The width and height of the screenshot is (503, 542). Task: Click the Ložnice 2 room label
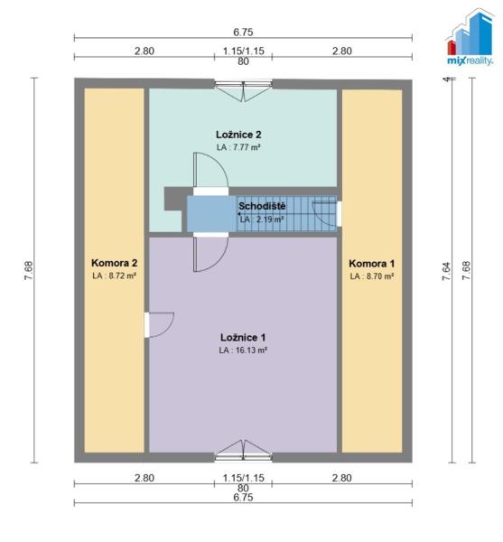coord(238,135)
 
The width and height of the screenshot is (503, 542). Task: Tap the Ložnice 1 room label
coord(243,337)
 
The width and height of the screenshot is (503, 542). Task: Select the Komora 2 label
coord(114,263)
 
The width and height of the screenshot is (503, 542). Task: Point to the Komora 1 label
coord(372,264)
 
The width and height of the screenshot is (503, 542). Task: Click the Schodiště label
coord(262,206)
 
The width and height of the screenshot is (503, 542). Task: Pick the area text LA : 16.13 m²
coord(243,350)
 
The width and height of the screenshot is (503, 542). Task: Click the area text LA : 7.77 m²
coord(238,147)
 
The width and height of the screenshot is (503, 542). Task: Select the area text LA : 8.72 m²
coord(114,276)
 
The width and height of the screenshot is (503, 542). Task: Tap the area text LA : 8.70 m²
coord(372,276)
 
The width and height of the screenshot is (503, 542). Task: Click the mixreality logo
coord(470,37)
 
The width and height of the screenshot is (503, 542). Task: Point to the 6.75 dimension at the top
coord(243,33)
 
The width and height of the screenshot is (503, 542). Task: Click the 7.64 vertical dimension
coord(446,271)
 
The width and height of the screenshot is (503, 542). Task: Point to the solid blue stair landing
coord(211,213)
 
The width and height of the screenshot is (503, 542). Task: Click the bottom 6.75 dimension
coord(243,498)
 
